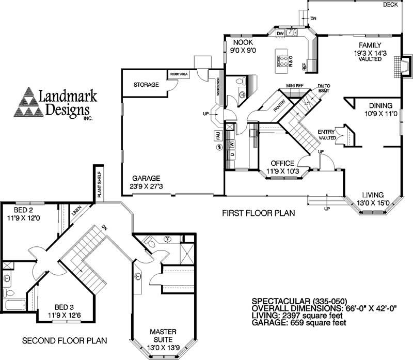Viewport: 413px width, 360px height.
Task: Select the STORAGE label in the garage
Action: (146, 84)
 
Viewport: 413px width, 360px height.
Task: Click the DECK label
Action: (390, 5)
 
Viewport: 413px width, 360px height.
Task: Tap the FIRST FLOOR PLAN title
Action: (258, 213)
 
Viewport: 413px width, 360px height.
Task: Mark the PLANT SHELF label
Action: (100, 182)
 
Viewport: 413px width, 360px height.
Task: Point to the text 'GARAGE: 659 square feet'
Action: (298, 322)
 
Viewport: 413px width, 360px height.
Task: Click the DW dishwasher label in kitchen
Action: (280, 34)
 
